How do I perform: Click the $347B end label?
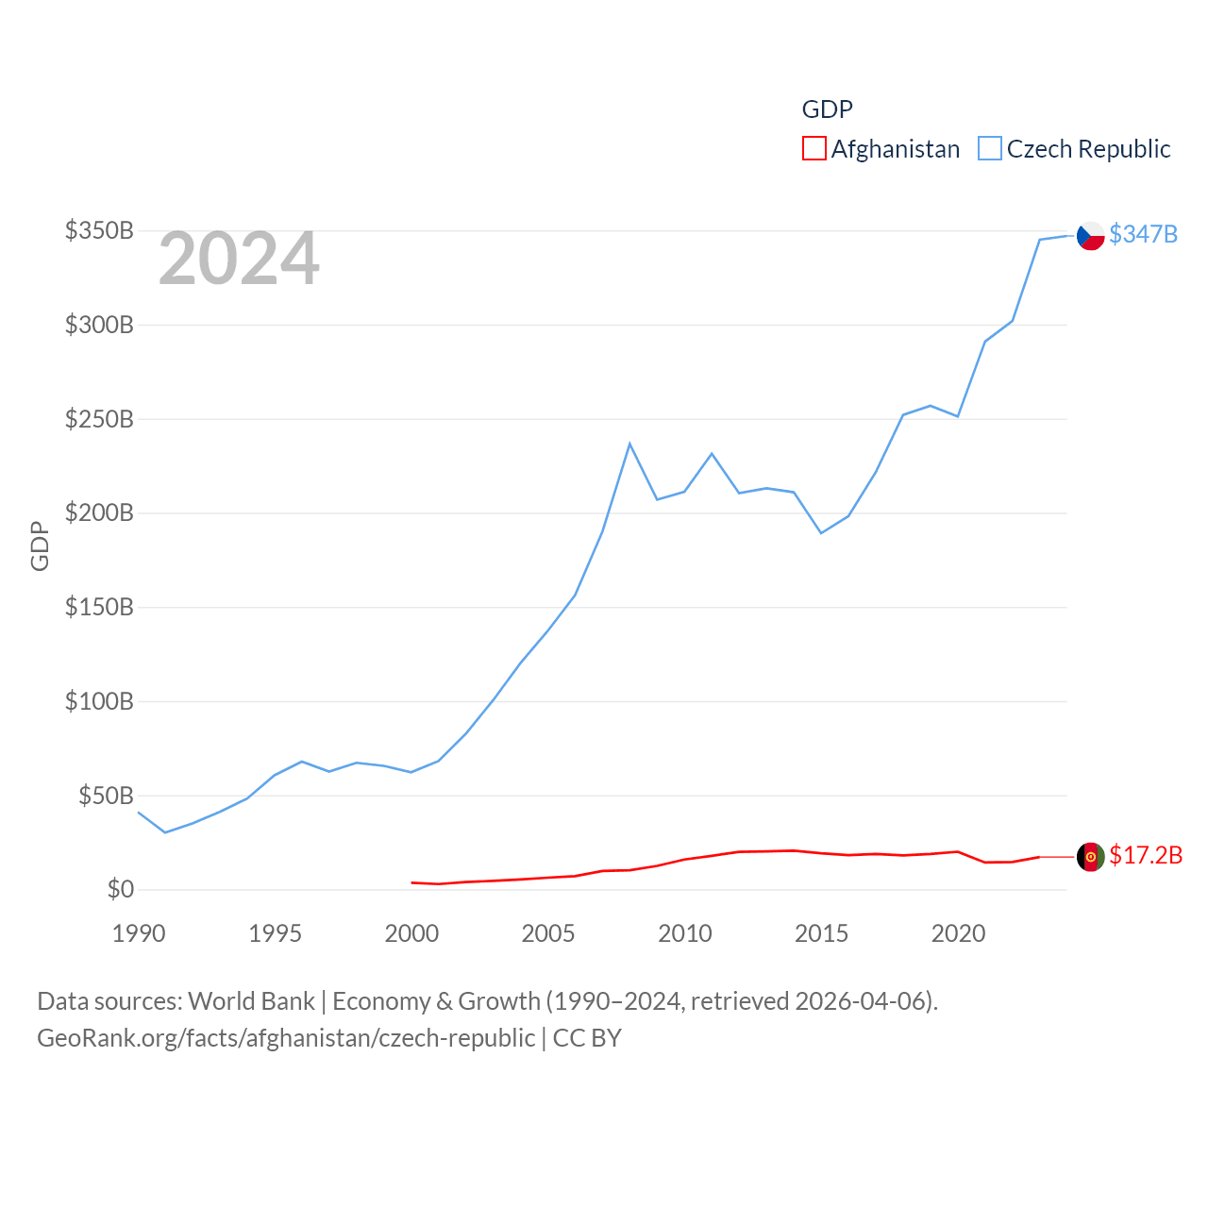(x=1143, y=234)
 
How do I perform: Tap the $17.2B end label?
(x=1146, y=855)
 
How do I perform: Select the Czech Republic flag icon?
(x=1091, y=235)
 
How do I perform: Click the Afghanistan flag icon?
(x=1091, y=857)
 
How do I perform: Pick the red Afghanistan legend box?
(x=814, y=149)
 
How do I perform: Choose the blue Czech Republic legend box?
(x=989, y=149)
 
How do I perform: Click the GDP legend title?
(x=827, y=109)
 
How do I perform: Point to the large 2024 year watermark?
(x=239, y=259)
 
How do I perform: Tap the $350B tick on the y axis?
(x=99, y=230)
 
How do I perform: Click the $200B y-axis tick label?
(x=99, y=512)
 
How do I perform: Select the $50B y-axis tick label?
(x=106, y=796)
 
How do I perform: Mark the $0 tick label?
(x=120, y=889)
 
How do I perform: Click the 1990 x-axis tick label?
(x=139, y=933)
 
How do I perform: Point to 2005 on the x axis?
(x=548, y=933)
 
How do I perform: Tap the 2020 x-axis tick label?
(x=958, y=933)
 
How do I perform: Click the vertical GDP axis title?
(x=40, y=545)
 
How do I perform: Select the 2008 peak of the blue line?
(x=629, y=444)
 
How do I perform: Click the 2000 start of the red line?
(x=412, y=882)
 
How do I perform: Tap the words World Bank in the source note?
(x=251, y=1000)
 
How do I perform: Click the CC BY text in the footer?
(x=587, y=1038)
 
